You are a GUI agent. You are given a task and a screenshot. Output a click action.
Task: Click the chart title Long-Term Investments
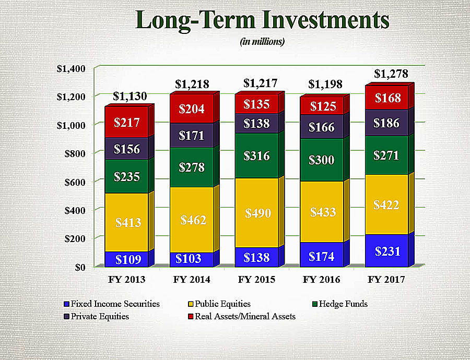(262, 20)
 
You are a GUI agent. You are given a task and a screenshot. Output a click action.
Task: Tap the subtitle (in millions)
(262, 42)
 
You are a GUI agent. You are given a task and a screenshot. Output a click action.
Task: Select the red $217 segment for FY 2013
(127, 123)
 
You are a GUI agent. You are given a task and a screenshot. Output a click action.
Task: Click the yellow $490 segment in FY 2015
(256, 213)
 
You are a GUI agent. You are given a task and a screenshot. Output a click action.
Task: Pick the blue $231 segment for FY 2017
(386, 250)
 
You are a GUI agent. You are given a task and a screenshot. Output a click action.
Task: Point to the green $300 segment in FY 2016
(321, 160)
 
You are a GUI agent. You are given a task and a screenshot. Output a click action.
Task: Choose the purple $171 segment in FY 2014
(192, 136)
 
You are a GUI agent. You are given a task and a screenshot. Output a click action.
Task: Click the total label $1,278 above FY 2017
(391, 74)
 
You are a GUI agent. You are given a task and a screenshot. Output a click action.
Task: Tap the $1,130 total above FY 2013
(130, 96)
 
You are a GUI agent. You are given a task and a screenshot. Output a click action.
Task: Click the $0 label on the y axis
(80, 267)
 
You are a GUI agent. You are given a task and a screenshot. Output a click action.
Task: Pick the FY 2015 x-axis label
(256, 280)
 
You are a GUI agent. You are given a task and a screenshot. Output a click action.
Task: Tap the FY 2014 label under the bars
(192, 280)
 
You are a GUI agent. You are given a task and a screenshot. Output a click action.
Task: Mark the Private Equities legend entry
(99, 316)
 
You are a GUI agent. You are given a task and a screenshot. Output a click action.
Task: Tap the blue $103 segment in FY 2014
(192, 259)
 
